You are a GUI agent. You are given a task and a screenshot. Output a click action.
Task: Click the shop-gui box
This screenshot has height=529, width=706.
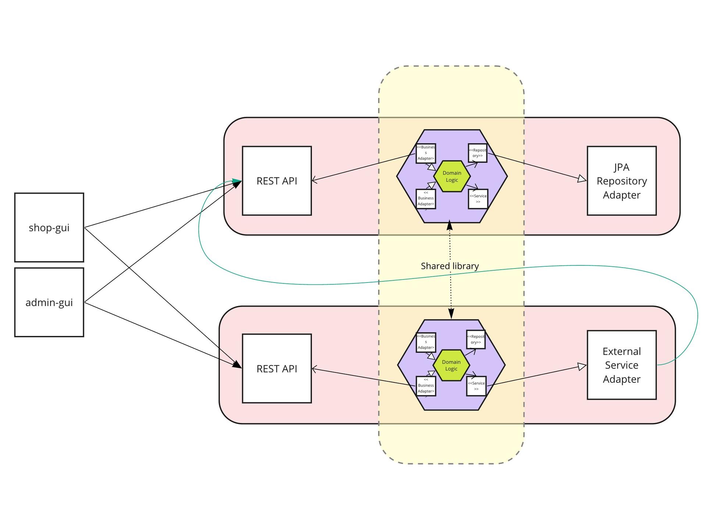[49, 227]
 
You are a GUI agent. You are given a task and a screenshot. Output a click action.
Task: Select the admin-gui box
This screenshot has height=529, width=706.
[49, 302]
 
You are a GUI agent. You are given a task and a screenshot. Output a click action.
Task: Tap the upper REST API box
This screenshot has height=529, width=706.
[277, 181]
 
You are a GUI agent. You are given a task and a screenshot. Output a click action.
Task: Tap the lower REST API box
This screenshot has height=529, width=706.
[277, 368]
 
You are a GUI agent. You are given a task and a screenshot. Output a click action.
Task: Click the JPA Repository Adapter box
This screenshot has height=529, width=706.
[621, 181]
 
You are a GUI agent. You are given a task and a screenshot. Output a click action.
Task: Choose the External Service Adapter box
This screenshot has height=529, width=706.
[621, 365]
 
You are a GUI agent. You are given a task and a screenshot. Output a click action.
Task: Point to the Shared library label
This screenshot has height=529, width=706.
[450, 266]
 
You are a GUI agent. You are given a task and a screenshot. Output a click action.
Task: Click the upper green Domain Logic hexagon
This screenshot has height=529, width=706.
[452, 176]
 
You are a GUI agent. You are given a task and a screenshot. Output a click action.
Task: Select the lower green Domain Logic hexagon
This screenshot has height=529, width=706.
[451, 365]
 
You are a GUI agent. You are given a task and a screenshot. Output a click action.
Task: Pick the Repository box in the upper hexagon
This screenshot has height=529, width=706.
[478, 153]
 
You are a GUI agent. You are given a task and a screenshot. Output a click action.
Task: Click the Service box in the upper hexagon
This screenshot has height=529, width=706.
[478, 199]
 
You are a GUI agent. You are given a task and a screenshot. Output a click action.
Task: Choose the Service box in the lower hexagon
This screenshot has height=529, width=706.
[476, 386]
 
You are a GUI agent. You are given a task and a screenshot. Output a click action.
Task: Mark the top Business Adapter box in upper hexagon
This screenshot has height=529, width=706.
[426, 153]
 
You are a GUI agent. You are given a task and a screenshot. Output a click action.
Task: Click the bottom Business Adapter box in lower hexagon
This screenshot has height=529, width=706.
[426, 386]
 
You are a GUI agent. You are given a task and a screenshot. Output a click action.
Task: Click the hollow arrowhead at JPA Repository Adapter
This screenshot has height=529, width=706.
[582, 179]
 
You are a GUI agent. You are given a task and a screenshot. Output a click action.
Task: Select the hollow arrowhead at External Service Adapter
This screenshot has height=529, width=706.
[582, 367]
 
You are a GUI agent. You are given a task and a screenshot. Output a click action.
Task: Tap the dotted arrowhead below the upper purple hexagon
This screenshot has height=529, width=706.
[449, 226]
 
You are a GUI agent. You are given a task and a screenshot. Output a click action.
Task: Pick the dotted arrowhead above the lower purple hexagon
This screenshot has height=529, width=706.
[451, 314]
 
